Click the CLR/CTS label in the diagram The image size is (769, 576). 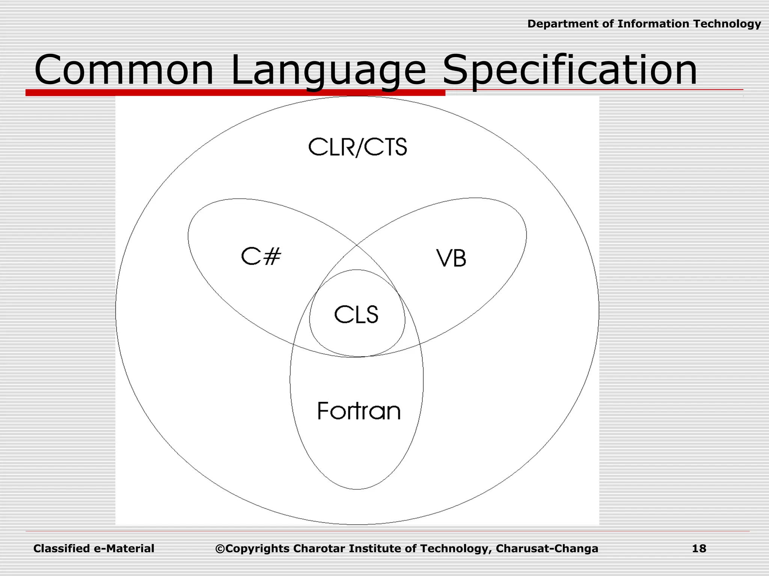click(357, 147)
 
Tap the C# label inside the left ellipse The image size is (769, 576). click(261, 257)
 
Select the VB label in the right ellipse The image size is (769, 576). click(451, 258)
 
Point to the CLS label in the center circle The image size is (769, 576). click(356, 314)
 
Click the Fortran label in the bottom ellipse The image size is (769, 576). click(359, 411)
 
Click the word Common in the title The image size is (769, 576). click(124, 70)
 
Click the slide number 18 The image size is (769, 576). click(699, 549)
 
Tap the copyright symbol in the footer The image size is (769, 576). click(220, 549)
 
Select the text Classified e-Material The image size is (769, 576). click(94, 549)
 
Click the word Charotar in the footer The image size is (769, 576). click(319, 549)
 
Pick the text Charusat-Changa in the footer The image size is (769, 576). click(547, 549)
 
